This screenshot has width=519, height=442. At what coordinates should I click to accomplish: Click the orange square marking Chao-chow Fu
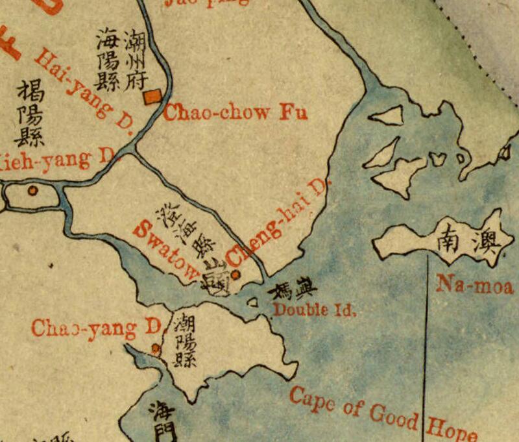153,97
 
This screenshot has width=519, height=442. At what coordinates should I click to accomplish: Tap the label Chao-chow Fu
226,112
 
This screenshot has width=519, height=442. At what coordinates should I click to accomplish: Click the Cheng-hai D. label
278,220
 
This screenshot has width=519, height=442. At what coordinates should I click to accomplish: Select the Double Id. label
315,310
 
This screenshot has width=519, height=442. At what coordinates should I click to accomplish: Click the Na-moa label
475,285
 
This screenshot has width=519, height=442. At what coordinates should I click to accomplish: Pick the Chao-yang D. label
95,328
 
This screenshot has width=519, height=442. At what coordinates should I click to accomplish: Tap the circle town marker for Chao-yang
156,349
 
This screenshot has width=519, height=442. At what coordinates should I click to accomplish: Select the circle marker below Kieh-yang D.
32,191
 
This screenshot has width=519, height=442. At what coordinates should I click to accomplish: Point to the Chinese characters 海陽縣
107,59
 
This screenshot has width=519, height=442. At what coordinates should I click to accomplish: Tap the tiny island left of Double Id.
252,302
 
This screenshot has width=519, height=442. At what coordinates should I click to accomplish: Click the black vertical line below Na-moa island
426,338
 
